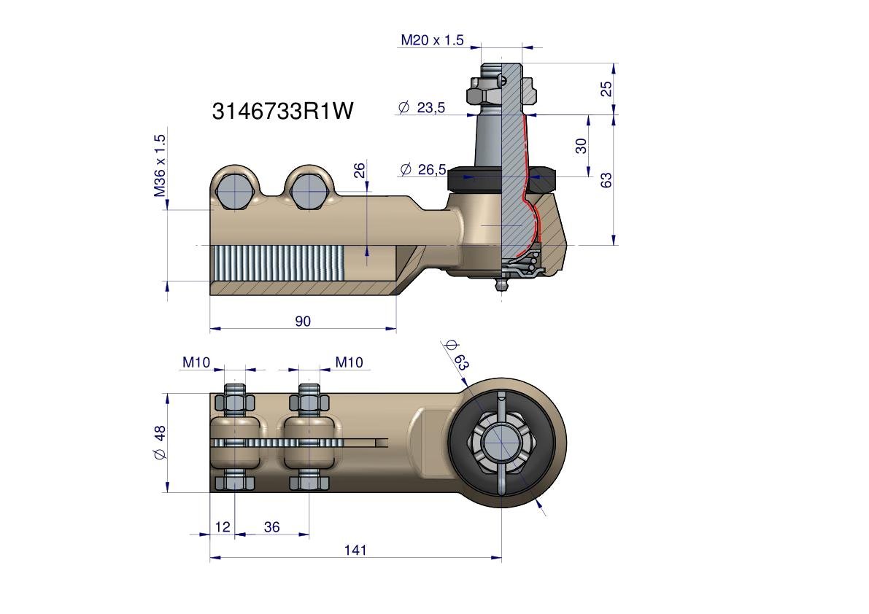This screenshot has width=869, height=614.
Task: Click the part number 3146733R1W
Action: pyautogui.click(x=282, y=111)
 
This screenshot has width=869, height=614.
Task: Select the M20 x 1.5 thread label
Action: pyautogui.click(x=432, y=40)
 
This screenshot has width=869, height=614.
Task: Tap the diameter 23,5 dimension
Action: pyautogui.click(x=422, y=107)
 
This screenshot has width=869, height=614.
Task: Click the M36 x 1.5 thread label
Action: pyautogui.click(x=160, y=166)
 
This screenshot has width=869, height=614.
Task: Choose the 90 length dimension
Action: pyautogui.click(x=303, y=321)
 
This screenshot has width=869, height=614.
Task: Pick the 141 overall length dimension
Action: pyautogui.click(x=355, y=550)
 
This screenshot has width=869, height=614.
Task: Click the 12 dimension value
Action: pyautogui.click(x=223, y=526)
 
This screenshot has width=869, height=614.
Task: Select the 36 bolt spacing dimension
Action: pyautogui.click(x=271, y=526)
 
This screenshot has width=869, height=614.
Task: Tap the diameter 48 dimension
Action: pyautogui.click(x=160, y=443)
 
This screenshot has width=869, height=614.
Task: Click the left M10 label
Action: pyautogui.click(x=196, y=362)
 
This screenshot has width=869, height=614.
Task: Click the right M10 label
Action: pyautogui.click(x=349, y=362)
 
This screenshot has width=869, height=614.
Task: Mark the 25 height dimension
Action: pyautogui.click(x=606, y=88)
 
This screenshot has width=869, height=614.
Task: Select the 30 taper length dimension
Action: pyautogui.click(x=580, y=146)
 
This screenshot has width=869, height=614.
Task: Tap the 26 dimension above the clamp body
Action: pyautogui.click(x=359, y=169)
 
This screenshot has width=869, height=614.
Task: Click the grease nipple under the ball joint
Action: pyautogui.click(x=501, y=285)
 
